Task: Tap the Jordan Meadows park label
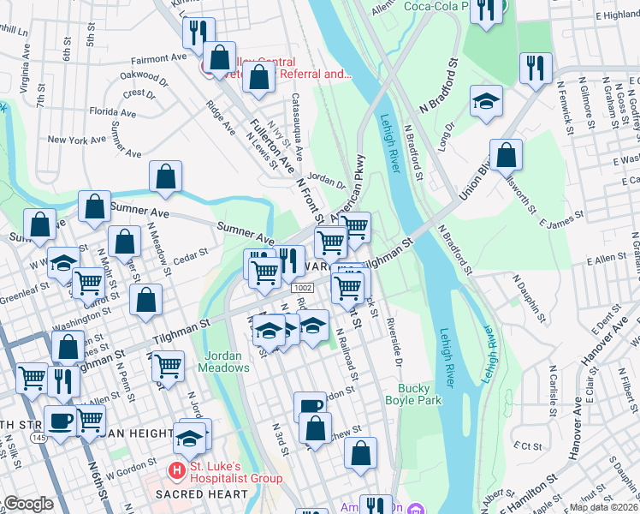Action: pos(224,361)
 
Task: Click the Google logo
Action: pos(27,504)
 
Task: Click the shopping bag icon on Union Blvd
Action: pos(506,156)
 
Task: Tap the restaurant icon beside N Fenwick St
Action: pos(536,68)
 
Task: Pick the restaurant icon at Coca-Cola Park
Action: pos(485,11)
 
